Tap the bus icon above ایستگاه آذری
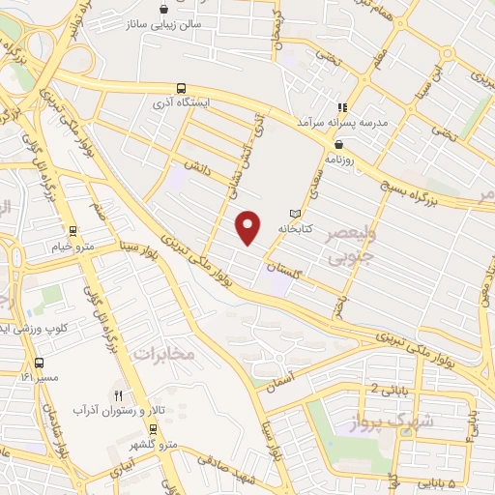(182, 85)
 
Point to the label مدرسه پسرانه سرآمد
(372, 124)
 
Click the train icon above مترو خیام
(72, 231)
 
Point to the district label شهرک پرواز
(396, 421)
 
